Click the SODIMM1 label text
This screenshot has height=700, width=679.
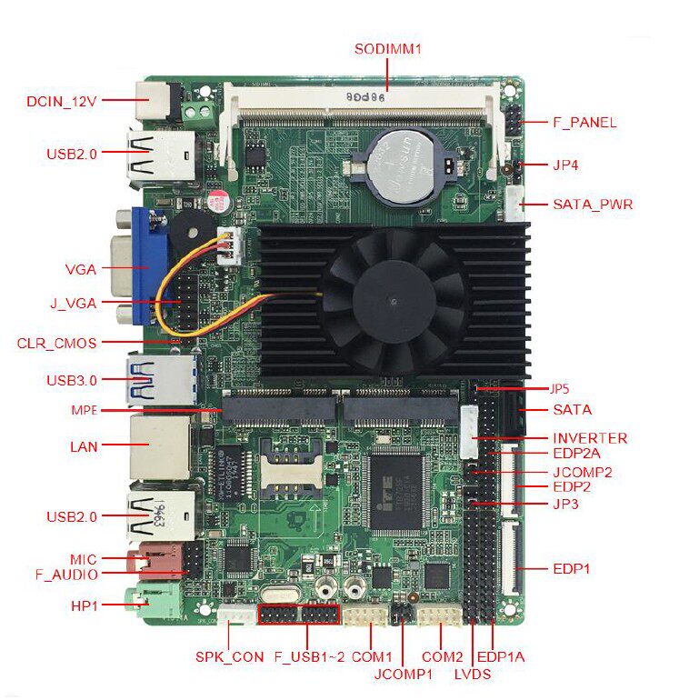[388, 48]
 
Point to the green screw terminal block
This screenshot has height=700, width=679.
[199, 113]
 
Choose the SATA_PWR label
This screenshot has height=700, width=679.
[593, 205]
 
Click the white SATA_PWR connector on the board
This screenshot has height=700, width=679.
[516, 204]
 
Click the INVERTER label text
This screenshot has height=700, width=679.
[590, 438]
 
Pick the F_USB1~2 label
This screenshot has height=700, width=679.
[309, 656]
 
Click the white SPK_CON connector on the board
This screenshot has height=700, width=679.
[235, 618]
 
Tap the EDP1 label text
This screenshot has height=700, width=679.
[572, 569]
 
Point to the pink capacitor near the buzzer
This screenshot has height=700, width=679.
[218, 201]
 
